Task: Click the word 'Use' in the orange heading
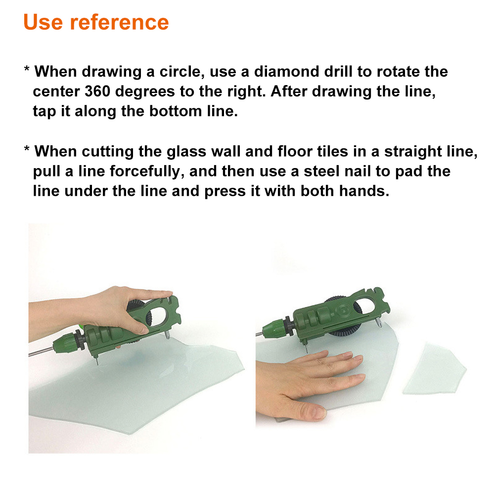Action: pyautogui.click(x=43, y=22)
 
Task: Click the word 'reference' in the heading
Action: pyautogui.click(x=119, y=22)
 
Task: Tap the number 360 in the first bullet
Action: pyautogui.click(x=97, y=91)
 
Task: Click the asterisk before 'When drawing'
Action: pyautogui.click(x=27, y=70)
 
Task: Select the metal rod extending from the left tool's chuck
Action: pyautogui.click(x=41, y=352)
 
